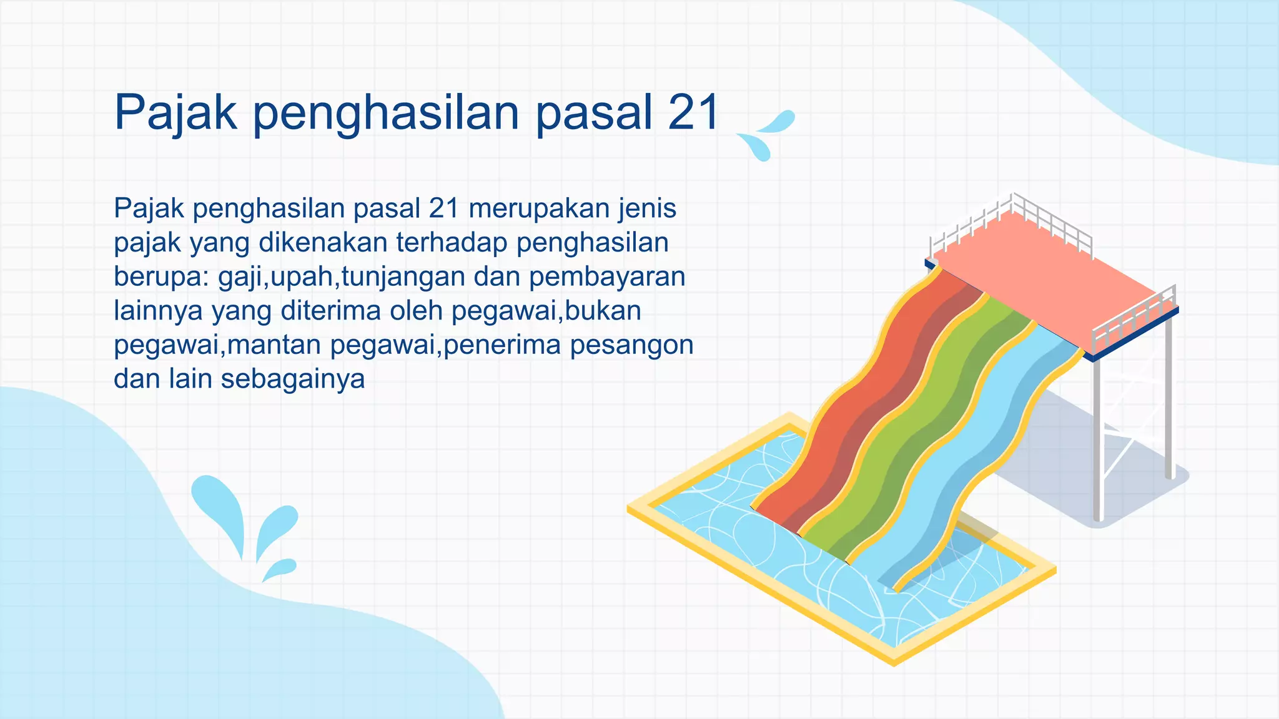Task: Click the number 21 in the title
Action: tap(693, 114)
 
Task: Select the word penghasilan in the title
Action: tap(386, 114)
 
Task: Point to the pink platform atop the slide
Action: tap(1049, 275)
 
